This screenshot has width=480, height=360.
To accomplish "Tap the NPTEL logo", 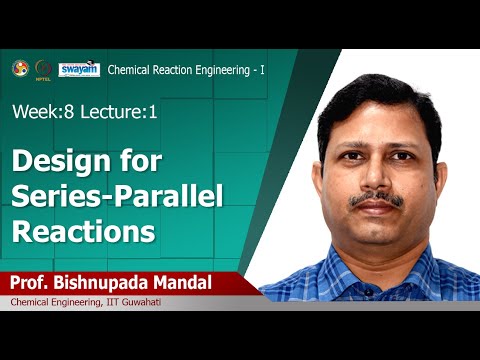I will (x=42, y=68).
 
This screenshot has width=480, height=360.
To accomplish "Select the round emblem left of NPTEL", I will (x=20, y=68).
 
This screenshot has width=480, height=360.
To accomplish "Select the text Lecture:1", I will (x=121, y=113).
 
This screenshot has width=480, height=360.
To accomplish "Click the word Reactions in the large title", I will (x=83, y=232).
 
